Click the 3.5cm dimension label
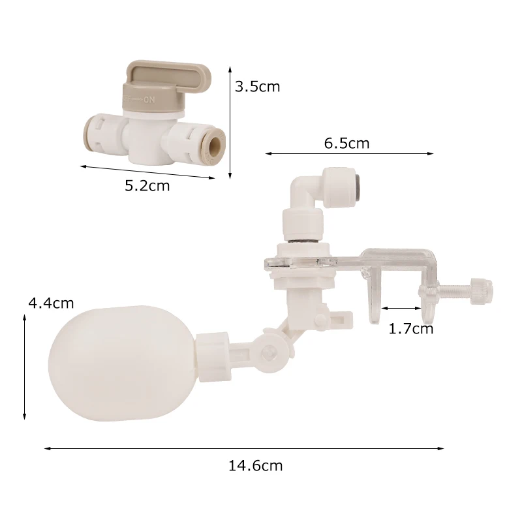pyautogui.click(x=257, y=87)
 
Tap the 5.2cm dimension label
pyautogui.click(x=147, y=185)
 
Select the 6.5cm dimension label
pyautogui.click(x=347, y=143)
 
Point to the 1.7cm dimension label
pyautogui.click(x=411, y=329)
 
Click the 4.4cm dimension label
pyautogui.click(x=51, y=303)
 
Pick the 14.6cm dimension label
pyautogui.click(x=255, y=466)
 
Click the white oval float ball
pyautogui.click(x=122, y=364)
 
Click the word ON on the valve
pyautogui.click(x=149, y=100)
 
